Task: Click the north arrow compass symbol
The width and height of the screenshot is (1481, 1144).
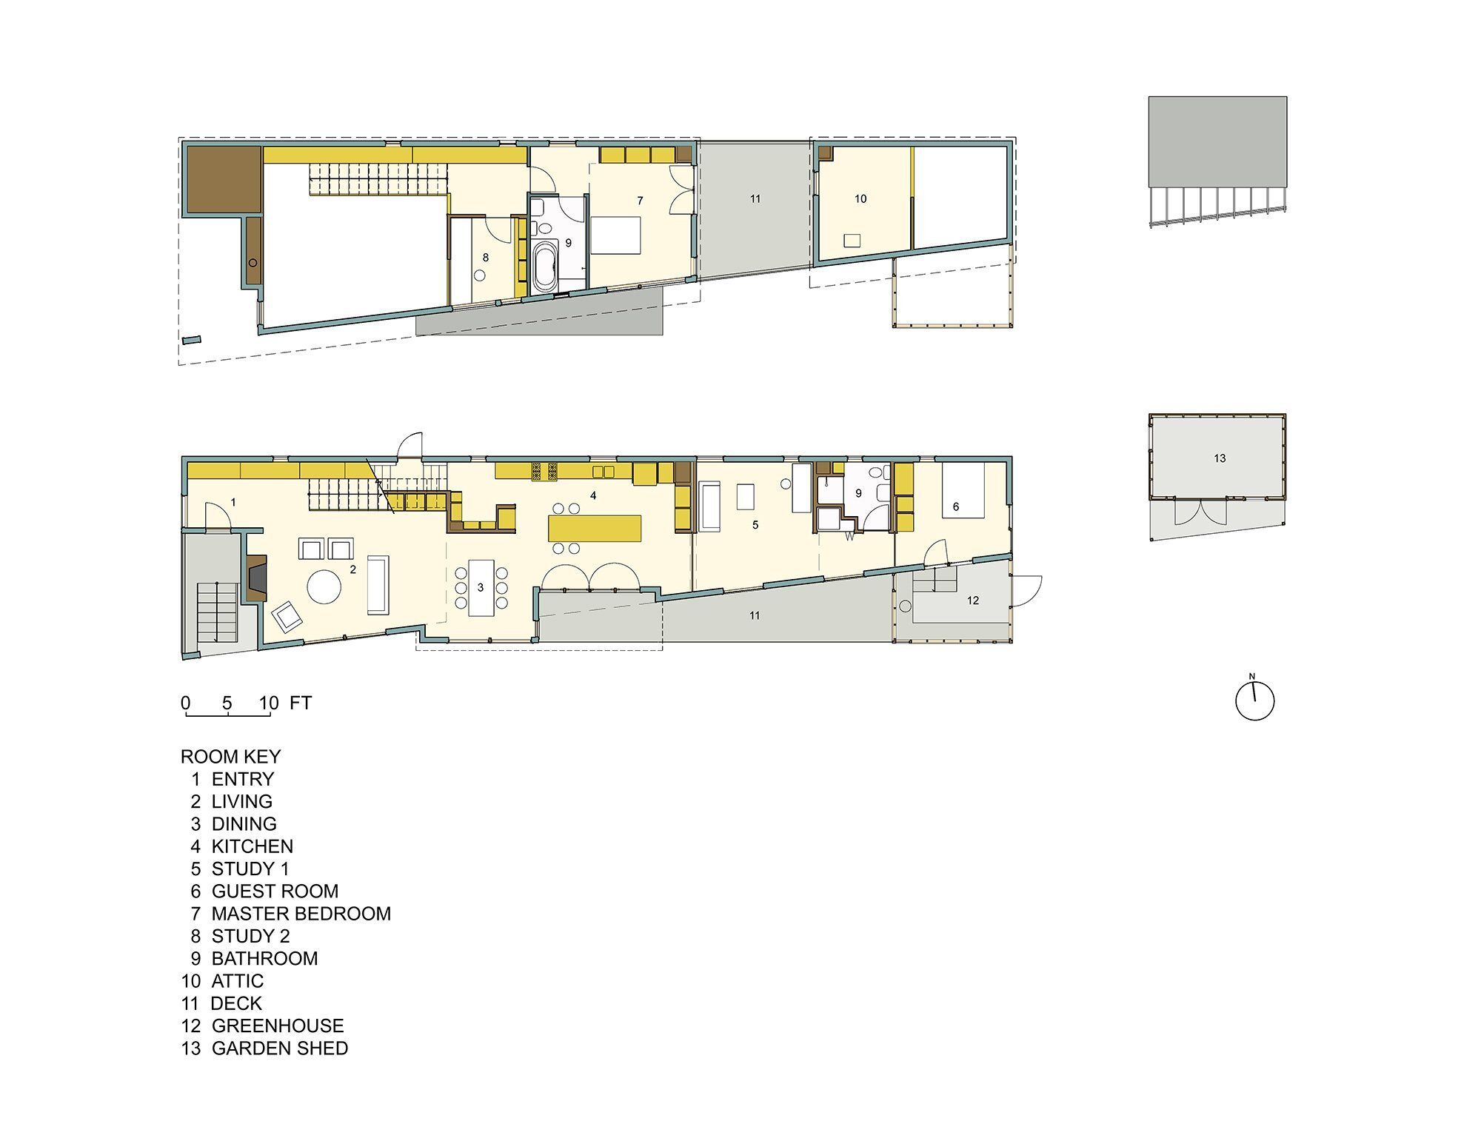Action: coord(1254,700)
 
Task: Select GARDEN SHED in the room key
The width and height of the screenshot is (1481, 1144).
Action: coord(279,1048)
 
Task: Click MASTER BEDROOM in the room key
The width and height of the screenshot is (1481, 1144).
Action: coord(301,914)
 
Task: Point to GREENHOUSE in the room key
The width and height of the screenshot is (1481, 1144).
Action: coord(278,1026)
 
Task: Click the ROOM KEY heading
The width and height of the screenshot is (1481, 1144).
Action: coord(231,757)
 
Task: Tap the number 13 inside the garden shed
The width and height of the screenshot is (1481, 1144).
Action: coord(1220,459)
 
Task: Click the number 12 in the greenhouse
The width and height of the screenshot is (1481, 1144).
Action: coord(973,601)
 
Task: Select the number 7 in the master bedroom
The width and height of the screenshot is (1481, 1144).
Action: coord(641,201)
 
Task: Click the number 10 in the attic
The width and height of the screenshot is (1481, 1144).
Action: coord(860,199)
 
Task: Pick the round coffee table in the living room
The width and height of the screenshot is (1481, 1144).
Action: coord(324,588)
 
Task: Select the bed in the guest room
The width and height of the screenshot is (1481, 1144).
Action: coord(963,490)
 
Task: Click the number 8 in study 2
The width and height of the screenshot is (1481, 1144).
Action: coord(486,258)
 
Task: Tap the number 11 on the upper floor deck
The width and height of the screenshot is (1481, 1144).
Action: coord(755,199)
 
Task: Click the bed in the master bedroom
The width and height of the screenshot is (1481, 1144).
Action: coord(615,235)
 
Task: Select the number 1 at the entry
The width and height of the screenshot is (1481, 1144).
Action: coord(233,503)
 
